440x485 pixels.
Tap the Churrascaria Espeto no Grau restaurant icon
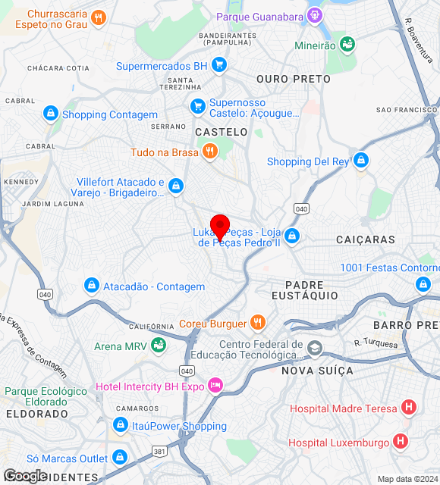click(98, 18)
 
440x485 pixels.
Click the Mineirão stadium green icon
click(347, 45)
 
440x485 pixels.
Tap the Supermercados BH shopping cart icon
click(218, 66)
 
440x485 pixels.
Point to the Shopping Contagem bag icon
click(51, 114)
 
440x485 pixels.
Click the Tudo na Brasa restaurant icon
click(210, 152)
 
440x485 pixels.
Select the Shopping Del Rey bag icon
click(361, 161)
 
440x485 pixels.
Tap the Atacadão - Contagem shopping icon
click(91, 286)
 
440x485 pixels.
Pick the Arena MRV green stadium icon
click(159, 346)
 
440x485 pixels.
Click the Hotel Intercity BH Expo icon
click(216, 386)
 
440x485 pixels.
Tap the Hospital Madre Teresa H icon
click(409, 408)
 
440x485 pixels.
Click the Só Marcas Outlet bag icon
click(119, 458)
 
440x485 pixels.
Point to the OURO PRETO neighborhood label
click(293, 79)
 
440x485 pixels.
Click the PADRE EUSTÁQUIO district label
click(305, 289)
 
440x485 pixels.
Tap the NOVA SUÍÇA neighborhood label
click(317, 371)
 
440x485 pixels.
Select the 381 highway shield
click(159, 451)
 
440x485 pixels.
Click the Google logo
click(25, 476)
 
